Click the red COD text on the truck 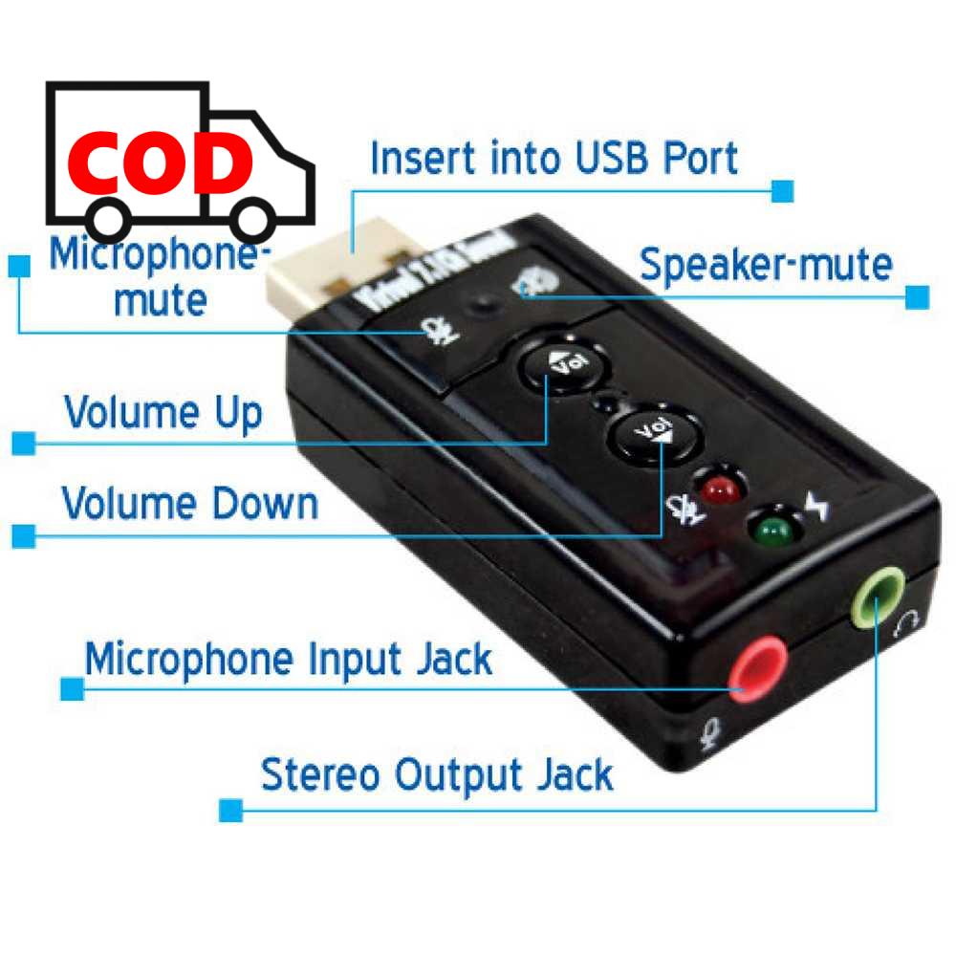coord(161,163)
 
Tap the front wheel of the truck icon coord(254,219)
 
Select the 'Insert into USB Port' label coord(554,159)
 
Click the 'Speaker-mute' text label coord(766,264)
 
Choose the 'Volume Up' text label coord(163,413)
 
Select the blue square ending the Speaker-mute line coord(917,296)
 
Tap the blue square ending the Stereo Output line coord(230,811)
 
